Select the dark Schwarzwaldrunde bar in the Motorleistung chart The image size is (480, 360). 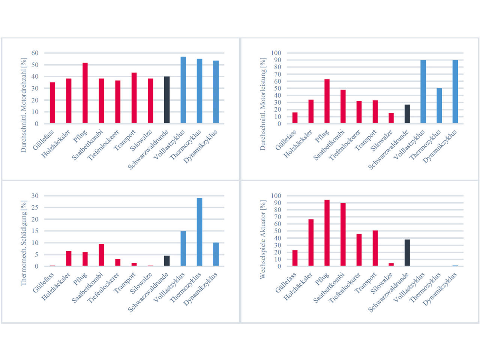point(407,114)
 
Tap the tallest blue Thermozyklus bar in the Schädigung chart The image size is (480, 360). point(199,232)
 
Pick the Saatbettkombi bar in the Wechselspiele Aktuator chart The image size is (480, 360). point(343,235)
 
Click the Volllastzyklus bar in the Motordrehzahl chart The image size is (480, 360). point(183,90)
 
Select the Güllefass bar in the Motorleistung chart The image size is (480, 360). point(295,118)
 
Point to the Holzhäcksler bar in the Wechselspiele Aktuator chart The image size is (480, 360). point(311,243)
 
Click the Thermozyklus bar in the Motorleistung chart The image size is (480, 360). point(439,106)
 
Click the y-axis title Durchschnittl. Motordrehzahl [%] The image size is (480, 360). point(24,105)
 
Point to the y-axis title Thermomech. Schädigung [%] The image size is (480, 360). point(24,243)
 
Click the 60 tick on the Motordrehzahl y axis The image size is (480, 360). point(35,53)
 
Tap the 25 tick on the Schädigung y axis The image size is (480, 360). point(35,207)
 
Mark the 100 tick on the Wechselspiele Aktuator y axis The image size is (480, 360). point(276,196)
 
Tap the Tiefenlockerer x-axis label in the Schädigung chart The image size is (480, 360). point(103,288)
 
